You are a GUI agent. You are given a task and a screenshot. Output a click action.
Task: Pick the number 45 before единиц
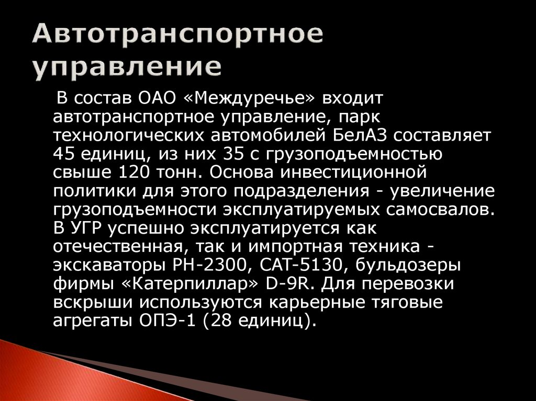click(64, 154)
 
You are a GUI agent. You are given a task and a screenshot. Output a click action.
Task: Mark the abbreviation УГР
click(87, 228)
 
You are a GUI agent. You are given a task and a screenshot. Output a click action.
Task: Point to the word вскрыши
click(88, 302)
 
